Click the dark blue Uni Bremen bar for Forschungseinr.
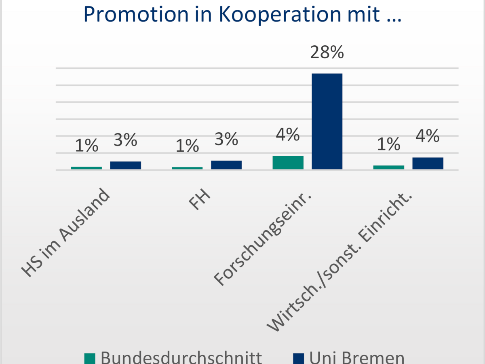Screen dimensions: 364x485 tap(327, 121)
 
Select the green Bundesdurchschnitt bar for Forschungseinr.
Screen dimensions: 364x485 tap(288, 162)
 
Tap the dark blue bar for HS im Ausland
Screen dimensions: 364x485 tap(126, 165)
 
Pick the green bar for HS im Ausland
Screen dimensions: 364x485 tap(86, 167)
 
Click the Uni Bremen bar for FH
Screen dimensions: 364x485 tap(226, 165)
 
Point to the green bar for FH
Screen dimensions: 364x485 tap(187, 168)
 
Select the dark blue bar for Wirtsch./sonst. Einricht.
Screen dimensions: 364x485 tap(428, 163)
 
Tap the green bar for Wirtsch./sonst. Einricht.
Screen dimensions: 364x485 tap(388, 167)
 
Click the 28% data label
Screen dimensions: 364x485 tap(327, 53)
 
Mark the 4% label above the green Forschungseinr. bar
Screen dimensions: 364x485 tap(288, 135)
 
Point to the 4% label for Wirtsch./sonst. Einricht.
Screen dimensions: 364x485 tap(428, 136)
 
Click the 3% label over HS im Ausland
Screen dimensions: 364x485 tap(126, 140)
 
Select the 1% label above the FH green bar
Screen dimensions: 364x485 tap(187, 146)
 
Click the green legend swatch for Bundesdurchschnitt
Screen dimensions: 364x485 tap(90, 358)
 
